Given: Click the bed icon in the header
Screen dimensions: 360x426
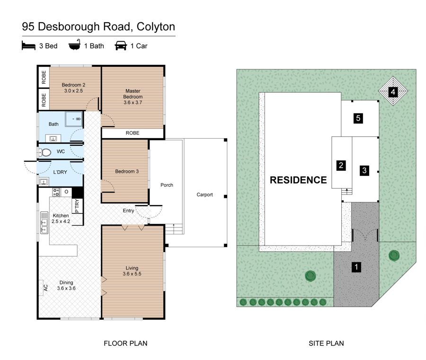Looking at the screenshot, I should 28,46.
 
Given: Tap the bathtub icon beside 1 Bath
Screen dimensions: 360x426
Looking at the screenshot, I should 74,46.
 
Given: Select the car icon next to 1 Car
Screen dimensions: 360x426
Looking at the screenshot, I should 121,46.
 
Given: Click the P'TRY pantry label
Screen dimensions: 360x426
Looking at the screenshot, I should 77,206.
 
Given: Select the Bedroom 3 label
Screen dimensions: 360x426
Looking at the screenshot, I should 127,171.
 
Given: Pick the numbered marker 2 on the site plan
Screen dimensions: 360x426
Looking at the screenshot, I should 341,166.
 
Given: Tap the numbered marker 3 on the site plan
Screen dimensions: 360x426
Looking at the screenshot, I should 364,170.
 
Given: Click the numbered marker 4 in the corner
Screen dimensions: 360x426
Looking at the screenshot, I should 392,92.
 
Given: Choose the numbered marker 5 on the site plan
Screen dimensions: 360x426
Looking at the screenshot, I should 359,118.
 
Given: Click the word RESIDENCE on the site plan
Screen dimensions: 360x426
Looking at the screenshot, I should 298,180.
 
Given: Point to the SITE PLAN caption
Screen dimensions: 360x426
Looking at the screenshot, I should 326,343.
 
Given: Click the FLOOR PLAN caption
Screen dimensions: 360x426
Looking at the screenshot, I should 122,343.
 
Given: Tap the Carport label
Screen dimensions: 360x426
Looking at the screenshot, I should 205,194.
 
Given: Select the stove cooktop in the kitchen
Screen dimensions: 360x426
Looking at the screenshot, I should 55,192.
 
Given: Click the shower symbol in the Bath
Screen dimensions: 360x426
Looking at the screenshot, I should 75,120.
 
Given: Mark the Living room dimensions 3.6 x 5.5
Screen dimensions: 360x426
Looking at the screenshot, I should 132,274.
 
